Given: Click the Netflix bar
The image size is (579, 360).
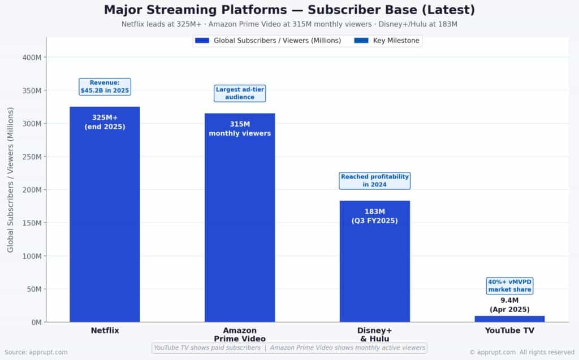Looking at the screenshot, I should (105, 226).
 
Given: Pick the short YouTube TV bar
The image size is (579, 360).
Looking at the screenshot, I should (509, 319).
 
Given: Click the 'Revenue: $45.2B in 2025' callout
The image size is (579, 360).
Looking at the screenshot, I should (105, 86).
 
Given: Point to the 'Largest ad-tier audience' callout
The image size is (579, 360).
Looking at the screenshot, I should (240, 93).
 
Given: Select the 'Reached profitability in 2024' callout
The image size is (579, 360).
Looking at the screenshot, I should (374, 181).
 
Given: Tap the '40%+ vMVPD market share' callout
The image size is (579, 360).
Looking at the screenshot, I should (509, 285).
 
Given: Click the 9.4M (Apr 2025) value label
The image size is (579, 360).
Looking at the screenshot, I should (509, 305).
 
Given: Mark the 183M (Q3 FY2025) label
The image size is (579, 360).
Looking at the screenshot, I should (374, 216).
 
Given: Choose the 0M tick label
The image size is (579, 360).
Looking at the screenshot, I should (36, 322).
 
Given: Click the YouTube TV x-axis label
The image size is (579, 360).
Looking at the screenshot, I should (509, 331).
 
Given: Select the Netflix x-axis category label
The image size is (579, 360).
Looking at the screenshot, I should (105, 331).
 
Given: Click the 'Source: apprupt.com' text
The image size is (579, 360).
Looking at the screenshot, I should (36, 352).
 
